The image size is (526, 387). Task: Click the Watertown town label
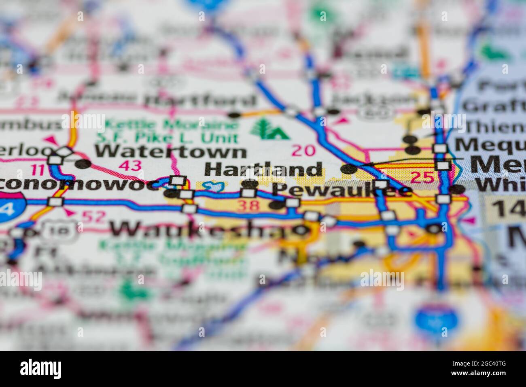point(170,152)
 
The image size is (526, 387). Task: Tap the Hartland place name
point(263,169)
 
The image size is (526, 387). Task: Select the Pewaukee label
point(342,189)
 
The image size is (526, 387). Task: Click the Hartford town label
point(201,100)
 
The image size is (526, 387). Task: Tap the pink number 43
point(130,165)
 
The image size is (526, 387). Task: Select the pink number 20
point(303,151)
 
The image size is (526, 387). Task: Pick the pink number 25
point(422,177)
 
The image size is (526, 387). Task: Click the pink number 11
point(39,169)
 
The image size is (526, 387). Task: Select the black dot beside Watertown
point(83,164)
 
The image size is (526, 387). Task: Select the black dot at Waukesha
point(301,230)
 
